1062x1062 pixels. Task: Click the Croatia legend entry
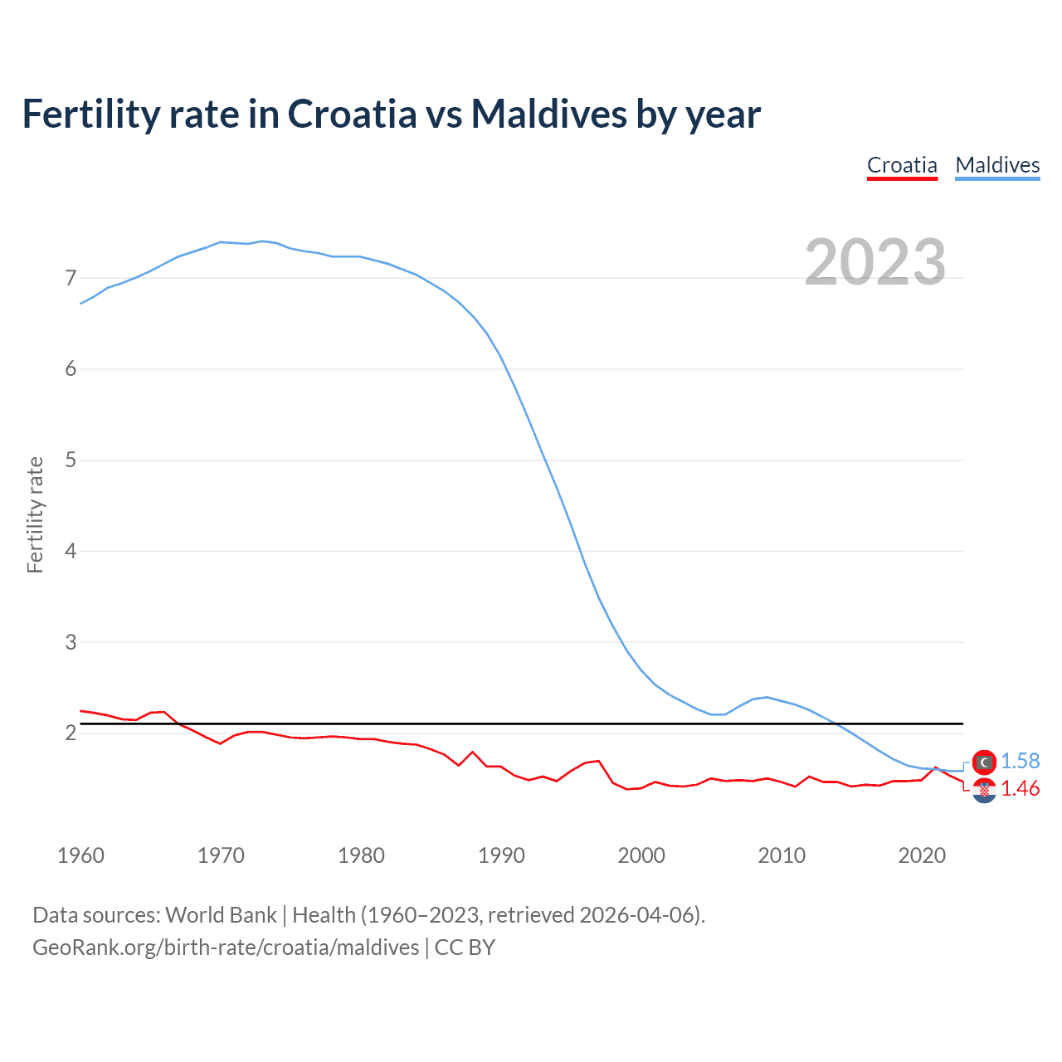(x=902, y=165)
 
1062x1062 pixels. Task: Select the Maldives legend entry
(x=997, y=165)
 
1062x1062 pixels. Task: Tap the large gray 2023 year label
(x=875, y=262)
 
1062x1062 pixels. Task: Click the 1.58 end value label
(x=1020, y=761)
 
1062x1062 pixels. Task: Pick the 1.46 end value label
(x=1020, y=788)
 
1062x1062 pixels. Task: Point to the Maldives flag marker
(x=984, y=762)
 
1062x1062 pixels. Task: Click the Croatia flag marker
(x=984, y=791)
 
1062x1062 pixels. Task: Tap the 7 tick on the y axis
(x=71, y=278)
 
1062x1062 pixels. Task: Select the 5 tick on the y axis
(x=71, y=460)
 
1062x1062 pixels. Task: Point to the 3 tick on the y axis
(x=71, y=642)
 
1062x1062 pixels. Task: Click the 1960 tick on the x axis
(x=80, y=855)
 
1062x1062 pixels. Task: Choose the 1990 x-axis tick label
(x=501, y=855)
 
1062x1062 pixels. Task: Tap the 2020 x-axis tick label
(x=922, y=855)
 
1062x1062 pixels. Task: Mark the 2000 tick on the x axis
(x=641, y=855)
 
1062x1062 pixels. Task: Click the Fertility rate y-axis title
(x=35, y=514)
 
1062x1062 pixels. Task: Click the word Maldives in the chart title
(x=549, y=114)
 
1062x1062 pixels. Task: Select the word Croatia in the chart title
(x=352, y=114)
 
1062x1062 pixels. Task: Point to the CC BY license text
(x=465, y=948)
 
